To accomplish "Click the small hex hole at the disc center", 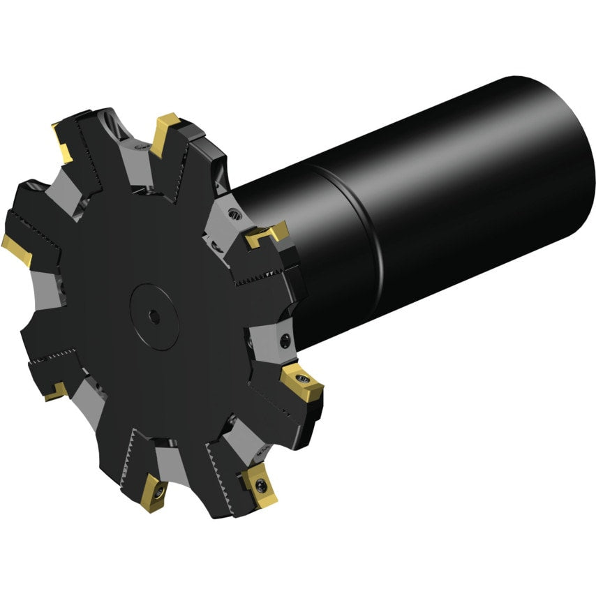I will (154, 317).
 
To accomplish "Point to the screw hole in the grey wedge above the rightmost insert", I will (284, 341).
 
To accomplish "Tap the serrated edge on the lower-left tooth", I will (52, 355).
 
